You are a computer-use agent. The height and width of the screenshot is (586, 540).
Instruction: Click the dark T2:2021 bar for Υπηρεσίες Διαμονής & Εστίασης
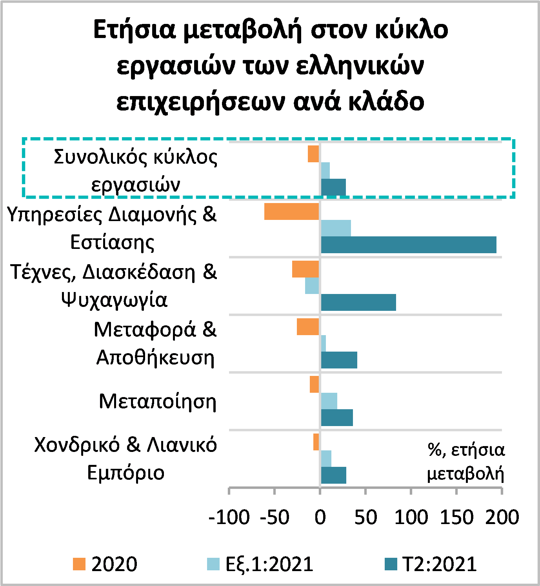[x=409, y=245]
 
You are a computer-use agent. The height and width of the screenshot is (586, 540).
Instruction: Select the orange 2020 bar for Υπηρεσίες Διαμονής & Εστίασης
[x=291, y=212]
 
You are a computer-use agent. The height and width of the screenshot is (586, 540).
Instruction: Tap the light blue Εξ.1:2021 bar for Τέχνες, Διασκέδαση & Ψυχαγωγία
[x=312, y=286]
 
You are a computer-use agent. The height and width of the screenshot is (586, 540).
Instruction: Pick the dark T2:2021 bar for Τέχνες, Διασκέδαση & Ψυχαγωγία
[x=358, y=302]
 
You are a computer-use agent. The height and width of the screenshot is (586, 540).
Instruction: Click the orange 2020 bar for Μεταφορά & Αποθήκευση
[x=307, y=327]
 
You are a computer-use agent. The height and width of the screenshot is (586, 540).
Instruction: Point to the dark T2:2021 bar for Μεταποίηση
[x=337, y=418]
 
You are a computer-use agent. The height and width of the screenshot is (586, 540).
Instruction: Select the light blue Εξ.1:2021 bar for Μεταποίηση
[x=329, y=401]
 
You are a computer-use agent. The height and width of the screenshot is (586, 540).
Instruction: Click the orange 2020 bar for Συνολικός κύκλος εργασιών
[x=313, y=154]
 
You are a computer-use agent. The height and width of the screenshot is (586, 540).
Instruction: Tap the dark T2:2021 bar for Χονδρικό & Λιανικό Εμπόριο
[x=334, y=475]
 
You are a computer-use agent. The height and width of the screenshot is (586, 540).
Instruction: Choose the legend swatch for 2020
[x=79, y=564]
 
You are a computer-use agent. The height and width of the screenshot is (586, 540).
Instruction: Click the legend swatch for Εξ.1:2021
[x=213, y=564]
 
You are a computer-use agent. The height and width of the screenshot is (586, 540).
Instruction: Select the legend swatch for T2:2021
[x=391, y=564]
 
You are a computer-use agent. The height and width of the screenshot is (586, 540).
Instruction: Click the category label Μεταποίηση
[x=158, y=402]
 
